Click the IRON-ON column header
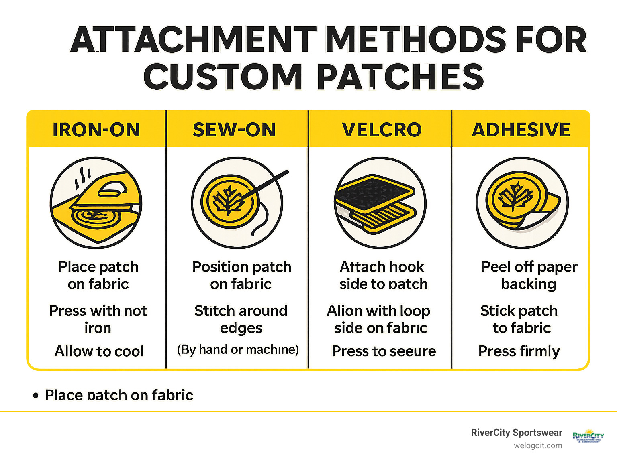(96, 130)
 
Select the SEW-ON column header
(234, 130)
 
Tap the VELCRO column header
(382, 130)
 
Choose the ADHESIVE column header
(521, 130)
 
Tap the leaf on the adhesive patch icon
(515, 197)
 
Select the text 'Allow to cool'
(99, 351)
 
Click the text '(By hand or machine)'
(238, 349)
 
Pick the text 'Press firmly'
(519, 351)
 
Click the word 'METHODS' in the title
(416, 40)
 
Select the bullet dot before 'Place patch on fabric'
(36, 396)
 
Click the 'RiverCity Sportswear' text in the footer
(516, 433)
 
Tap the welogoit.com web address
(538, 445)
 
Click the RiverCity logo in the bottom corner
(588, 436)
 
